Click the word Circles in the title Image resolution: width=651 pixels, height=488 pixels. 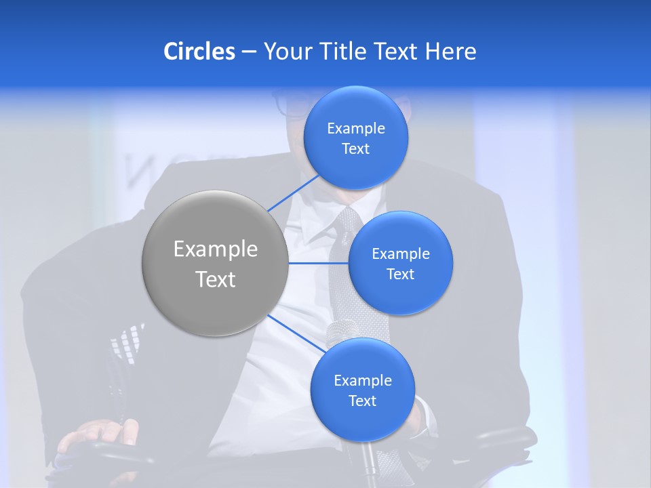pyautogui.click(x=199, y=52)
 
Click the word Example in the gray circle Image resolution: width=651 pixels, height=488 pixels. pyautogui.click(x=215, y=249)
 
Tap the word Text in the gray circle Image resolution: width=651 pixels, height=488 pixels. pyautogui.click(x=215, y=279)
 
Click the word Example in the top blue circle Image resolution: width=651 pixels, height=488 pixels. pyautogui.click(x=355, y=129)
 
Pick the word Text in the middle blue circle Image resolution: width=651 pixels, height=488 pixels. pyautogui.click(x=400, y=274)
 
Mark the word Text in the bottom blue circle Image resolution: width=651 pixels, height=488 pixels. pyautogui.click(x=362, y=401)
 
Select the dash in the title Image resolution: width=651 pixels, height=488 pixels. pyautogui.click(x=248, y=52)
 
